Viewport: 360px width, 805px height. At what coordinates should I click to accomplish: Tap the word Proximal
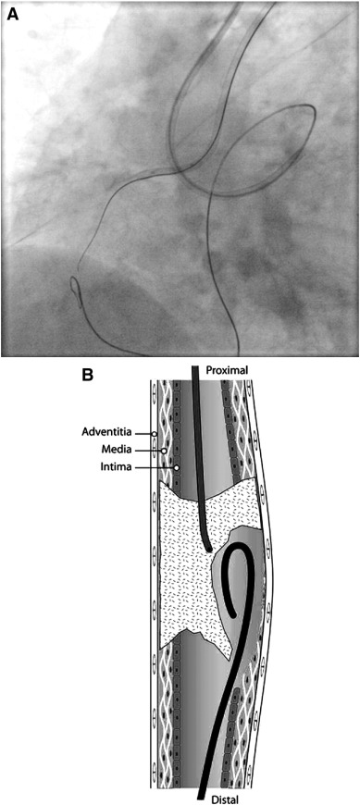[x=229, y=370]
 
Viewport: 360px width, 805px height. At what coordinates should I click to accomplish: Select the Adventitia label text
[x=106, y=431]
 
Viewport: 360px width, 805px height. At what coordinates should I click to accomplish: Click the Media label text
[x=116, y=450]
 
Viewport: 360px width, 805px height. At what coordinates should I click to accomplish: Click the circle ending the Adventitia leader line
[x=154, y=433]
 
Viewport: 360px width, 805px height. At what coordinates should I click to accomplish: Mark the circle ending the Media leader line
[x=165, y=451]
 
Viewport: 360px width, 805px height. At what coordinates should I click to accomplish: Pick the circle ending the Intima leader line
[x=176, y=469]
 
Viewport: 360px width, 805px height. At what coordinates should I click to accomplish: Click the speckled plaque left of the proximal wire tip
[x=181, y=546]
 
